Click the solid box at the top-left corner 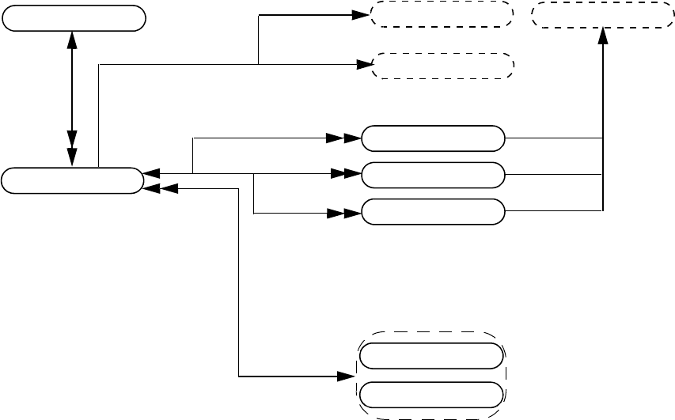(x=74, y=18)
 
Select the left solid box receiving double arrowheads (x=72, y=180)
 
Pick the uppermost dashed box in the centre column (x=442, y=14)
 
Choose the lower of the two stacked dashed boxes (x=442, y=66)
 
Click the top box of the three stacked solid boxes (x=432, y=138)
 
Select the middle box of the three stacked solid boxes (x=432, y=174)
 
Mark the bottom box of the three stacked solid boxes (x=432, y=212)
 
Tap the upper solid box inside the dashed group (x=431, y=357)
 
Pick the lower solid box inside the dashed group (x=431, y=394)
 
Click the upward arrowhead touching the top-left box (x=73, y=39)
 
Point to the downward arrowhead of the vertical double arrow (x=73, y=157)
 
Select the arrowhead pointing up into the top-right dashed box (x=603, y=36)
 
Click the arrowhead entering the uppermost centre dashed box (x=363, y=14)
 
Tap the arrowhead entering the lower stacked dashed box (x=363, y=65)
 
